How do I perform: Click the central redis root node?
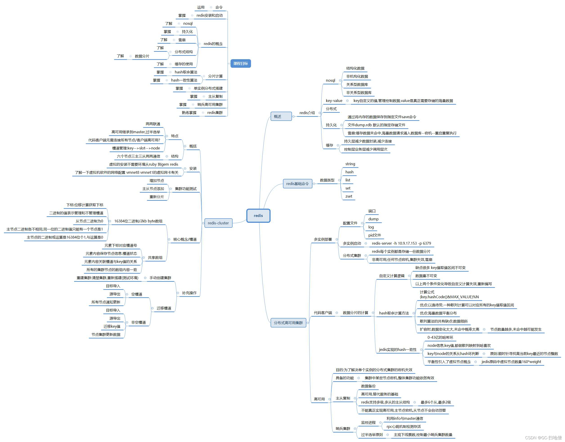[x=258, y=216]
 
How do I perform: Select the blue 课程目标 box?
[x=241, y=63]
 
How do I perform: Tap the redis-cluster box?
[x=218, y=223]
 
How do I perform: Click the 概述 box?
[x=281, y=116]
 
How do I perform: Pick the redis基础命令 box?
[x=297, y=184]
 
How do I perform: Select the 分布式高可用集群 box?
[x=288, y=323]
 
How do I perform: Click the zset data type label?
[x=349, y=196]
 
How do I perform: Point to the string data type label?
[x=350, y=164]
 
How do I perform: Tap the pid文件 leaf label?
[x=374, y=235]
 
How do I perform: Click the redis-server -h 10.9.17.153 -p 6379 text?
[x=401, y=243]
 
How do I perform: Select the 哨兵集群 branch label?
[x=343, y=428]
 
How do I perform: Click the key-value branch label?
[x=334, y=101]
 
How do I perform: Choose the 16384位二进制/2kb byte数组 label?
[x=138, y=221]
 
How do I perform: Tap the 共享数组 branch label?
[x=155, y=258]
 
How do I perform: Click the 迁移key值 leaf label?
[x=112, y=327]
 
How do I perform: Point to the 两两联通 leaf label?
[x=153, y=124]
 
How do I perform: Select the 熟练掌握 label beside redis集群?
[x=189, y=113]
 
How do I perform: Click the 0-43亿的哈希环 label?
[x=440, y=337]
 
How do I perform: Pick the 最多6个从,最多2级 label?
[x=436, y=402]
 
